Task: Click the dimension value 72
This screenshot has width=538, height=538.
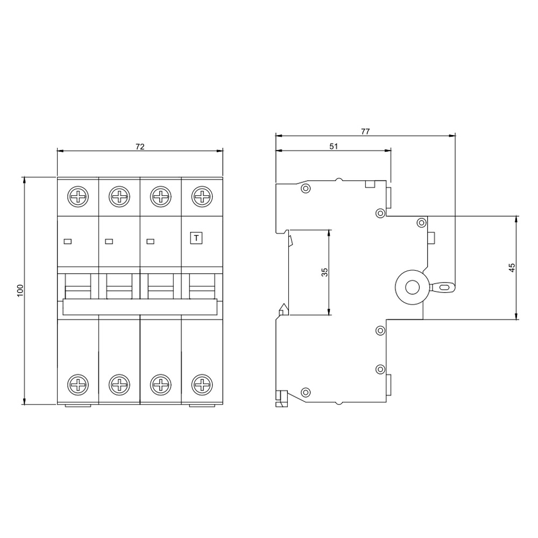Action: [x=140, y=146]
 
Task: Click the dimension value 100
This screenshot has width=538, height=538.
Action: [x=20, y=291]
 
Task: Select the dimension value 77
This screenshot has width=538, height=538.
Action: [x=365, y=131]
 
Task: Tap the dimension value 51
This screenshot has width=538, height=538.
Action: [x=334, y=146]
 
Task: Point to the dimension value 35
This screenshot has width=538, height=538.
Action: [x=324, y=272]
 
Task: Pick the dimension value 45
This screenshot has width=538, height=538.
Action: [x=512, y=267]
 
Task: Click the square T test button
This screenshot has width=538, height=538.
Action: [x=196, y=238]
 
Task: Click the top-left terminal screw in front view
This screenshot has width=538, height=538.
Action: [x=78, y=197]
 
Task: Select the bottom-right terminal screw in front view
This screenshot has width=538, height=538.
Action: [x=202, y=385]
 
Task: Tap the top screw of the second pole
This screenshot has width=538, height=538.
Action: [x=119, y=197]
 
